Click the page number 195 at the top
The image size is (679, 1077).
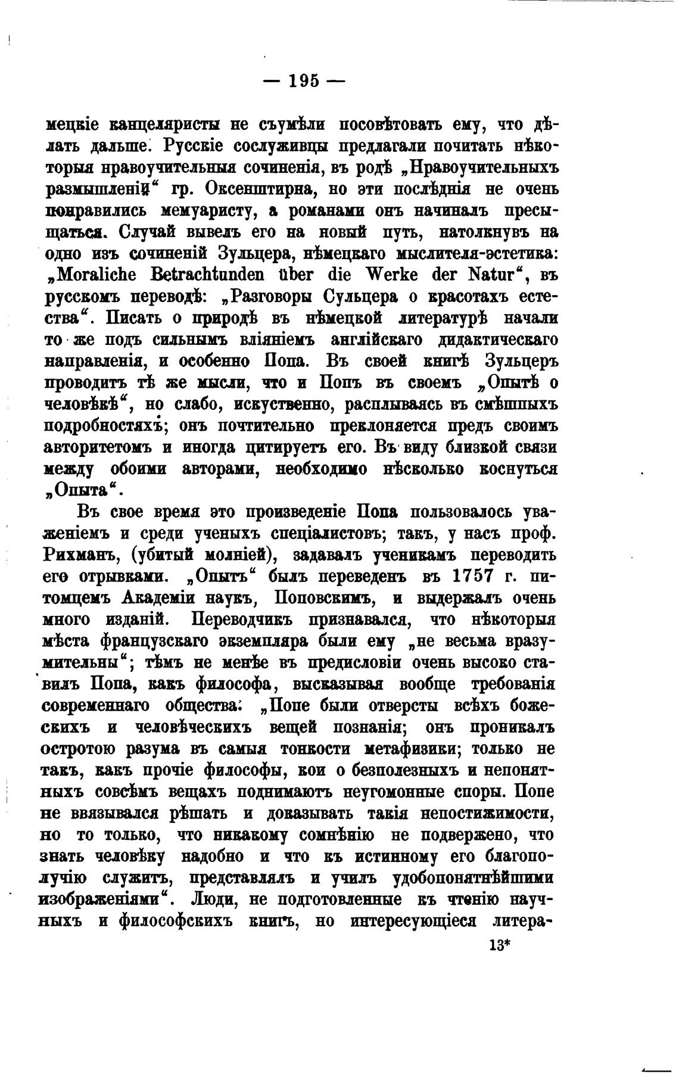click(304, 80)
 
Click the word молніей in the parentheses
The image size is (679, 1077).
click(241, 555)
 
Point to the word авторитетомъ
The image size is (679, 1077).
click(99, 447)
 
